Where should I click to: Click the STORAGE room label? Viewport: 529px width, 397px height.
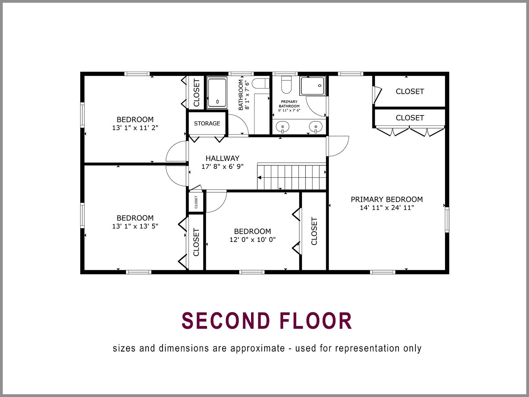207,123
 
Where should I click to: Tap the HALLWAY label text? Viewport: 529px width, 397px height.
222,158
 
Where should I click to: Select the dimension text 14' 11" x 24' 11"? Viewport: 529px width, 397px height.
386,207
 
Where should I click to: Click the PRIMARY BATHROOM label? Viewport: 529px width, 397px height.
289,104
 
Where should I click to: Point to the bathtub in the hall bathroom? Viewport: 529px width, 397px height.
217,93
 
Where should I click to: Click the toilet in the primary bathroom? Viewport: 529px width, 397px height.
287,85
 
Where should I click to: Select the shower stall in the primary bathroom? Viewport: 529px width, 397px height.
312,86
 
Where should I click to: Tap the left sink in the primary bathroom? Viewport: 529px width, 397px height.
282,127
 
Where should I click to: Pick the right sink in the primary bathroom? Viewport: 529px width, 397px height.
315,127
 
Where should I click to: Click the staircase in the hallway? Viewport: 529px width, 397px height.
292,177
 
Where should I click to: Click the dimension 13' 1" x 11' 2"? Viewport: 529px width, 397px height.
135,128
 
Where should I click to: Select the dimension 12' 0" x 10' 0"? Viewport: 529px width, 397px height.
252,240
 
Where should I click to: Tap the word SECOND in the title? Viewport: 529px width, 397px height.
226,321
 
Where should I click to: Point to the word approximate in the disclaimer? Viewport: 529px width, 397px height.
258,348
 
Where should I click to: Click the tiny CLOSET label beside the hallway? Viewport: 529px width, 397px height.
196,202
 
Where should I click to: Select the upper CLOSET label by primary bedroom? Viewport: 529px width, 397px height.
409,91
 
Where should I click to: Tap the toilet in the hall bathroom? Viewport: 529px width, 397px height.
261,83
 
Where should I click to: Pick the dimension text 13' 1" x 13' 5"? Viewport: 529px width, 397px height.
135,226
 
